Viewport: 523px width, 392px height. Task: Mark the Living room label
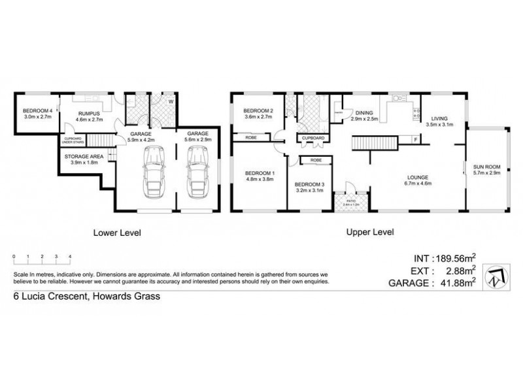(439, 118)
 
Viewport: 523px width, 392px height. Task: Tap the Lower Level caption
(118, 232)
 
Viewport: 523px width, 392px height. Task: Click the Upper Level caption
(370, 232)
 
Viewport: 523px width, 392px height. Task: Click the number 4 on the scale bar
(69, 257)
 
